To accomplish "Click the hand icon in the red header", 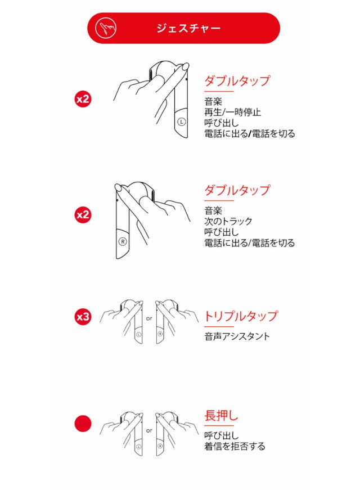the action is (106, 28).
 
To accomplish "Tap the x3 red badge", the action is (83, 317).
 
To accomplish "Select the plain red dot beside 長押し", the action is (83, 424).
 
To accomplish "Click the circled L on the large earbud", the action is (182, 122).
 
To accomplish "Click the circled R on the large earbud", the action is (123, 241).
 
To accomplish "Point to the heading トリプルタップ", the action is (241, 316).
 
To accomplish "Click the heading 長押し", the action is (221, 416).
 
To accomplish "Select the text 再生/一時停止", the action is (232, 112).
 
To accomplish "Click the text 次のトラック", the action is (228, 221).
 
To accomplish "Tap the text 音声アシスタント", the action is (237, 336).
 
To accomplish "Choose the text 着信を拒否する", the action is (235, 446).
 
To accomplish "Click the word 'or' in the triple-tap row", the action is (149, 319).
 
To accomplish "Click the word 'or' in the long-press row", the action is (149, 430).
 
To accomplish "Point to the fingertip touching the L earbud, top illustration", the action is (185, 66).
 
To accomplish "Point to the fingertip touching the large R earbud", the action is (119, 187).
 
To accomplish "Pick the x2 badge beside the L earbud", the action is (83, 99).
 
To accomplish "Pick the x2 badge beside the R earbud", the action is (83, 215).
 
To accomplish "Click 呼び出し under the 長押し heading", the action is (222, 435).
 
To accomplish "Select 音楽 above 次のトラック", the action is (213, 210).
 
